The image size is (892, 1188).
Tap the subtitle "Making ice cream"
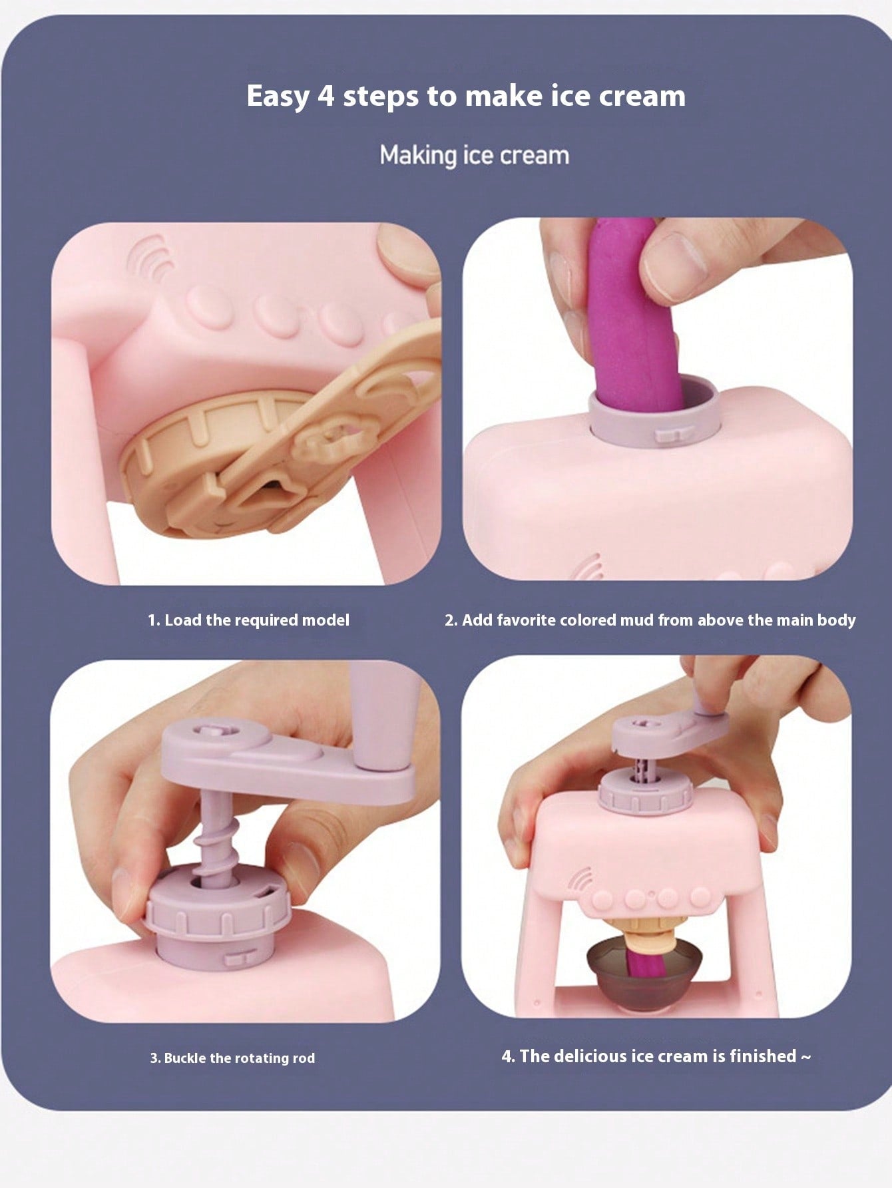[x=475, y=156]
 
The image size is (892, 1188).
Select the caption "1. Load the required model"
[x=248, y=620]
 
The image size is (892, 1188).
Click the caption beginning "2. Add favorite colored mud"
[x=650, y=620]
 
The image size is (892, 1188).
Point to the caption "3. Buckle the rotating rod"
[x=232, y=1058]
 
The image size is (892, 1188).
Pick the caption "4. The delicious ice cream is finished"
[x=656, y=1056]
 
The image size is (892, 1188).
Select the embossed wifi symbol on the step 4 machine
[x=580, y=881]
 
